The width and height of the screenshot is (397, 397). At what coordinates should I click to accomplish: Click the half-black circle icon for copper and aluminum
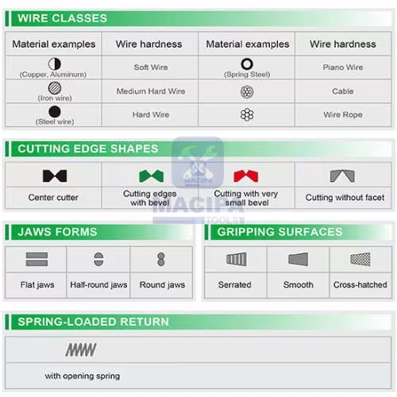pos(55,64)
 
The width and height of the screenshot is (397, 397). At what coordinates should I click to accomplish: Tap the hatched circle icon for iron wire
pos(55,88)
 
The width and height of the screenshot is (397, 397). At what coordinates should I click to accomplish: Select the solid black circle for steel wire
pos(55,111)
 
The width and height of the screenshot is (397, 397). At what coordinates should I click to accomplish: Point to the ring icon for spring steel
pos(247,64)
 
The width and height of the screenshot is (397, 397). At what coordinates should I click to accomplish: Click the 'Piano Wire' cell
pos(343,67)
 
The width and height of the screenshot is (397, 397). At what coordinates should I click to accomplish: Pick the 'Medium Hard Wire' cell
pos(151,91)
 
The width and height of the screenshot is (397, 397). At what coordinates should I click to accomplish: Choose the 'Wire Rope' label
pos(343,114)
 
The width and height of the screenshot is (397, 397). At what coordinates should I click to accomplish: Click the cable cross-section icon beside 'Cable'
pos(247,92)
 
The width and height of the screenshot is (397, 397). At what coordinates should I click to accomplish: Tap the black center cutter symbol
pos(55,176)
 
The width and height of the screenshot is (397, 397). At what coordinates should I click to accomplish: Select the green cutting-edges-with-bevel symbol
pos(152,176)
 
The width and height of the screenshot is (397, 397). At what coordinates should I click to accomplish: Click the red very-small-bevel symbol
pos(246,176)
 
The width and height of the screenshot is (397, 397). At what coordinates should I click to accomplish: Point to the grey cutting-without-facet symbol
pos(342,176)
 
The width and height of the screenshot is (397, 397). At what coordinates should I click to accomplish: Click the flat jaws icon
pos(37,259)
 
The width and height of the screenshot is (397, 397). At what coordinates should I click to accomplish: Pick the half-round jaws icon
pos(98,259)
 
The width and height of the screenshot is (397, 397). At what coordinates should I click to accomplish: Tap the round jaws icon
pos(161,259)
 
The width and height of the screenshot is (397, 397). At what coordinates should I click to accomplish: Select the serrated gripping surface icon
pos(237,259)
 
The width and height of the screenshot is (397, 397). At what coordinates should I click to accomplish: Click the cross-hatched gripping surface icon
pos(360,259)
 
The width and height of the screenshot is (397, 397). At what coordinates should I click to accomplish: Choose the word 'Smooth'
pos(299,285)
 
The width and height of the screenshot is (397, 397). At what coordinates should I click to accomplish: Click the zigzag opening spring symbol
pos(81,350)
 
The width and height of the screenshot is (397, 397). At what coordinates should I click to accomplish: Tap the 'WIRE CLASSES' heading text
pos(63,18)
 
